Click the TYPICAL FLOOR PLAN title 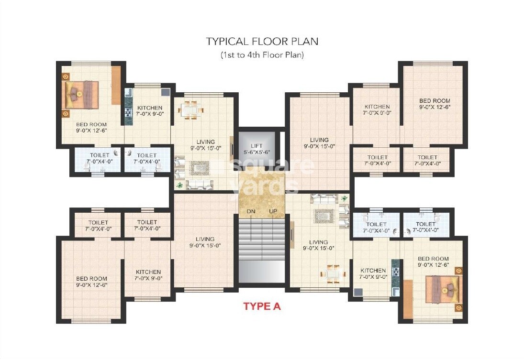pos(262,41)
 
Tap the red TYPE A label pos(262,306)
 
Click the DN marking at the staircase pos(251,211)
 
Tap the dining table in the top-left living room pos(190,110)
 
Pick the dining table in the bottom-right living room pos(330,273)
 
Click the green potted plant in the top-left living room pos(179,184)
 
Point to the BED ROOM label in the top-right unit pos(435,101)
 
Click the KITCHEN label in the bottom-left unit pos(148,272)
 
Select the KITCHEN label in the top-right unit pos(377,107)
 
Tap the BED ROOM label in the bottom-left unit pos(91,279)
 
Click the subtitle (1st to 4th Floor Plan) pos(262,55)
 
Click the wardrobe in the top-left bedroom pos(116,85)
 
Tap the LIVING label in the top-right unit pos(319,141)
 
